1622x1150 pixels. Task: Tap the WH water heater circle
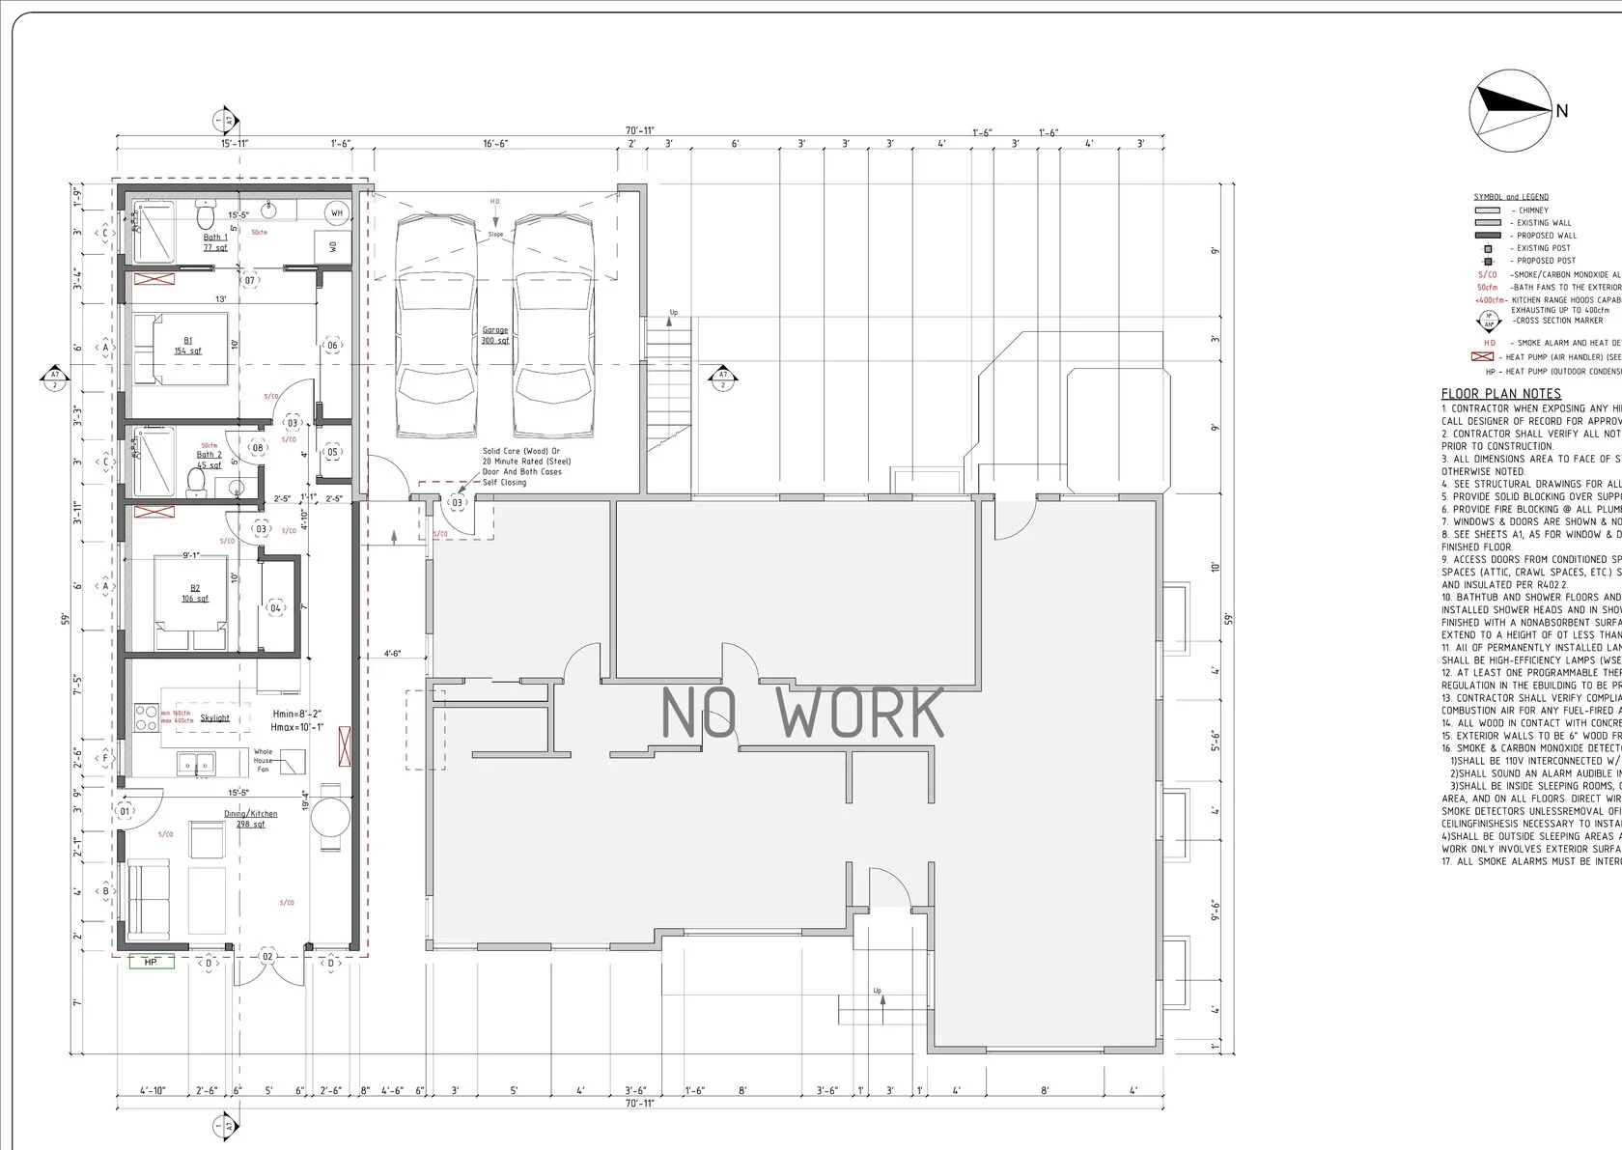pos(337,212)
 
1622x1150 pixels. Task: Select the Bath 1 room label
pos(215,241)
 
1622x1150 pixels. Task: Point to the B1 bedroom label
pos(186,346)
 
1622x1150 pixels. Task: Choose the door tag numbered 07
pos(250,281)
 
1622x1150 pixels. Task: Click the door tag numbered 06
pos(332,346)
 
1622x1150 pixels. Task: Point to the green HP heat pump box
pos(152,963)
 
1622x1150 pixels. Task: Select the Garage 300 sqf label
pos(495,335)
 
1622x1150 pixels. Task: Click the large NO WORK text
pos(802,713)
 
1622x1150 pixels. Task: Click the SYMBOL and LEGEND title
pos(1511,197)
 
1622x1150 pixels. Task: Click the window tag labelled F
pos(105,758)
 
